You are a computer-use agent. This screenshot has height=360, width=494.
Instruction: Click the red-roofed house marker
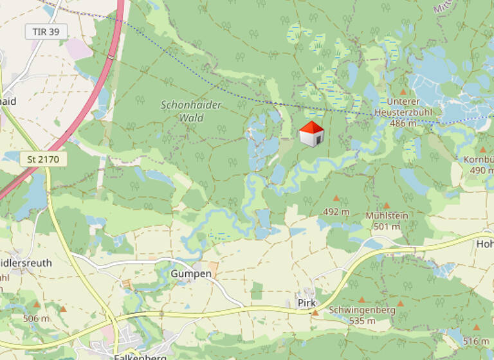311,134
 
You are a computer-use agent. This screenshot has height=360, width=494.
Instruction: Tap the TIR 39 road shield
46,32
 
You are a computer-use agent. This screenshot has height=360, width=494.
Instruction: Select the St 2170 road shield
44,158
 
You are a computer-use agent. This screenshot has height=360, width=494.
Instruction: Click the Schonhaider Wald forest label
182,111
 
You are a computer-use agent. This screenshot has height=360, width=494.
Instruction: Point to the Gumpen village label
191,274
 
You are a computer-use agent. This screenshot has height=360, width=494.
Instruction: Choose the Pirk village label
304,302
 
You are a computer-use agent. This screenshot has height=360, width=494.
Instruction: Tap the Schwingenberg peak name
362,310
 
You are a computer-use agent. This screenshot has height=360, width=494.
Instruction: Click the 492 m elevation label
336,212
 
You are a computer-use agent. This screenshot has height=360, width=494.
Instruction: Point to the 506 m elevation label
36,318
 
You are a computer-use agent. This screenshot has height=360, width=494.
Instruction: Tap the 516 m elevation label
476,341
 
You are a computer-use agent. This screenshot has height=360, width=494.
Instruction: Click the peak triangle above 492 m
335,198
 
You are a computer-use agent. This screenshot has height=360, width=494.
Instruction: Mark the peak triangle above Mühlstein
387,205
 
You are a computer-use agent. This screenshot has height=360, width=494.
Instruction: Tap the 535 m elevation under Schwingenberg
362,320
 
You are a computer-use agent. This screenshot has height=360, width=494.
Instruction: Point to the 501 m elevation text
386,226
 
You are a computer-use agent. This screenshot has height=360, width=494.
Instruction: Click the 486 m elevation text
403,123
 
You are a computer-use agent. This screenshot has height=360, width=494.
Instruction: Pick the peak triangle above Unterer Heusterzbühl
403,92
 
